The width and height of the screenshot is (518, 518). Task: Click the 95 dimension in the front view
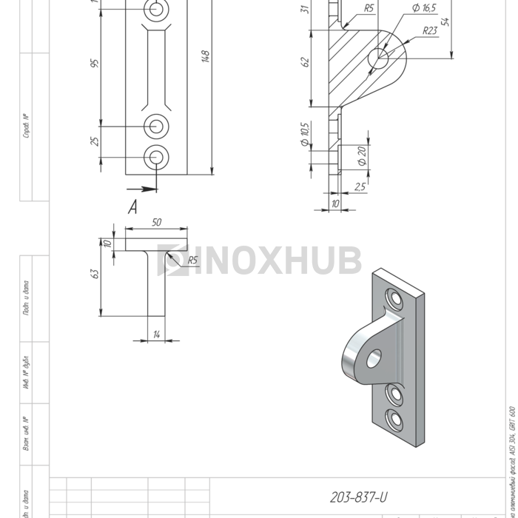tap(95, 64)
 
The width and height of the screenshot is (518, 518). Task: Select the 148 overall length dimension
tap(206, 57)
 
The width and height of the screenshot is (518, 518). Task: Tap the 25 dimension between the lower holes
tap(95, 141)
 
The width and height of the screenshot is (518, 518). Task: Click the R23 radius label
tap(429, 31)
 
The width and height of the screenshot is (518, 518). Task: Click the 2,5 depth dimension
tap(360, 187)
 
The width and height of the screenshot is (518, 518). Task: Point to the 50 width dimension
tap(156, 222)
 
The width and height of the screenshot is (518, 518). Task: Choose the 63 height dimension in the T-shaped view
tap(94, 273)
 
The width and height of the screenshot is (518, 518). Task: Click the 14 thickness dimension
tap(156, 335)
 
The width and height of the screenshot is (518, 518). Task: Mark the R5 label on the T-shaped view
tap(192, 260)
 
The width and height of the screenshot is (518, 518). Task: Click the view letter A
tap(133, 208)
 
